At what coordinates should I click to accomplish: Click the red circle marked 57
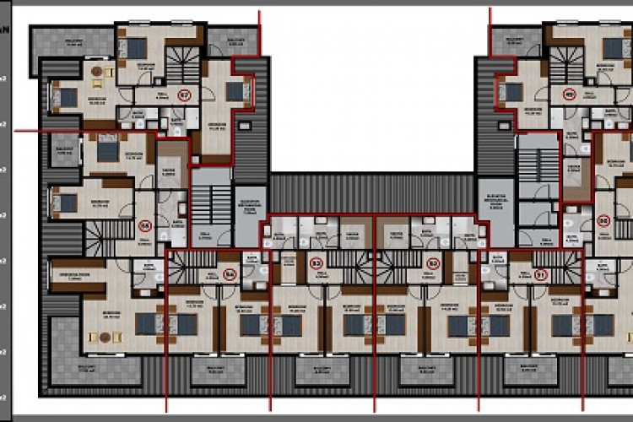click(x=184, y=95)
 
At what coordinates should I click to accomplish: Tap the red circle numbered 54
click(x=228, y=273)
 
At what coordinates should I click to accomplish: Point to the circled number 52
click(x=433, y=263)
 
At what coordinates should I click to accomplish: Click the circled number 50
click(x=603, y=220)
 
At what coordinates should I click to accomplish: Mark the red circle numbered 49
click(x=569, y=95)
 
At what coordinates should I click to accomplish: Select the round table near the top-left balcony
click(x=97, y=72)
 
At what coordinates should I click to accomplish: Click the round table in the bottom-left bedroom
click(x=105, y=338)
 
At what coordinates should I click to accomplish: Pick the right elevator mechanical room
click(x=495, y=205)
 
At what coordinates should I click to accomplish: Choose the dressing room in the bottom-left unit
click(x=77, y=273)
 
